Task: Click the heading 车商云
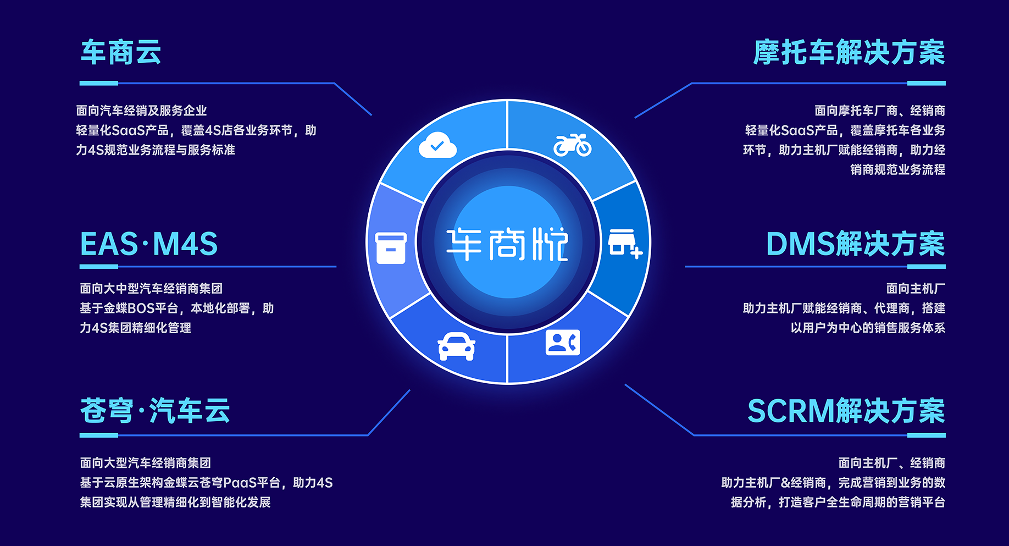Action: pyautogui.click(x=121, y=53)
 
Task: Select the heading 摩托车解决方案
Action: pyautogui.click(x=849, y=53)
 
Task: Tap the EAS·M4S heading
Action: pyautogui.click(x=149, y=244)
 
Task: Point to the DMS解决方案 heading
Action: pyautogui.click(x=856, y=244)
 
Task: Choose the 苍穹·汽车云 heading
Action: pyautogui.click(x=155, y=411)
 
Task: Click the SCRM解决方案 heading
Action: pyautogui.click(x=846, y=411)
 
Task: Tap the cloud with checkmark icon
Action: pyautogui.click(x=437, y=145)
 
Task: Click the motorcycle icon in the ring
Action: pyautogui.click(x=573, y=145)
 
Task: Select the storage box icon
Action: pyautogui.click(x=391, y=248)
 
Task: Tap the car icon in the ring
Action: pyautogui.click(x=456, y=346)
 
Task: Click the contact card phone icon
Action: pyautogui.click(x=563, y=342)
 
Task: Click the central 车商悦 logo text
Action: pyautogui.click(x=507, y=244)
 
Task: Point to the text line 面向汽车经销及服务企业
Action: pyautogui.click(x=142, y=111)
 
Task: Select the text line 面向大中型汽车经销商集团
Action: pyautogui.click(x=151, y=288)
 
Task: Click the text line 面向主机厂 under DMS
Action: pyautogui.click(x=916, y=288)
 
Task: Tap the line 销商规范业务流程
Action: pyautogui.click(x=898, y=169)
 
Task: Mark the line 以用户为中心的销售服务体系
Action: pyautogui.click(x=868, y=328)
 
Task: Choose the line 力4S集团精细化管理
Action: pyautogui.click(x=136, y=328)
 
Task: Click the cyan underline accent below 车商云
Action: pyautogui.click(x=99, y=84)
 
